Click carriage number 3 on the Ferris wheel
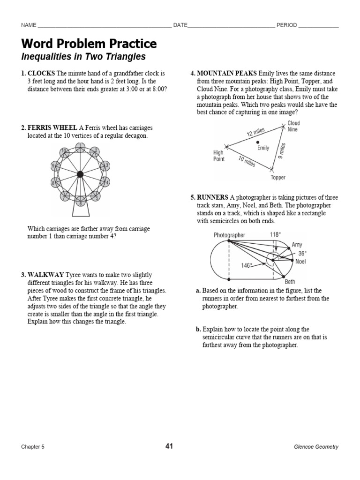point(106,165)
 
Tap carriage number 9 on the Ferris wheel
point(54,166)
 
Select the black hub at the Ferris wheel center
point(80,174)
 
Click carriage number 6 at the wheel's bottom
point(80,203)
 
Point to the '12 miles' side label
point(256,132)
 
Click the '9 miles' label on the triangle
point(282,150)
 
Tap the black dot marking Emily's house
point(257,142)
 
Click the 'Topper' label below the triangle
point(277,178)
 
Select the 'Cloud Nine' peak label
point(293,126)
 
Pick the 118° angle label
point(275,234)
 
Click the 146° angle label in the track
point(247,265)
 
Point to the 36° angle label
point(302,253)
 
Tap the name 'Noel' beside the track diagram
point(300,262)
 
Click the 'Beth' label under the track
point(290,282)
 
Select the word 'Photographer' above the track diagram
point(229,235)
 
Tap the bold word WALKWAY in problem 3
point(45,275)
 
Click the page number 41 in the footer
point(169,446)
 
